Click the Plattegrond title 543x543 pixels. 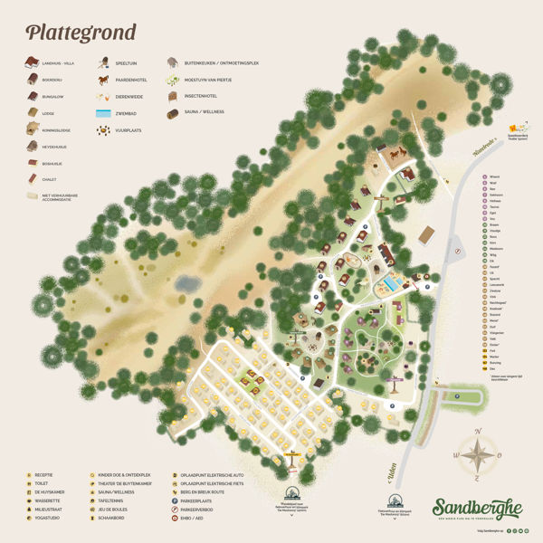click(81, 33)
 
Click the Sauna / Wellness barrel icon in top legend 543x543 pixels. click(172, 113)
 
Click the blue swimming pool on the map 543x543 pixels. click(390, 284)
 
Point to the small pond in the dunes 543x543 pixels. click(186, 284)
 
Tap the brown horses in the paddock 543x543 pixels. click(396, 154)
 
